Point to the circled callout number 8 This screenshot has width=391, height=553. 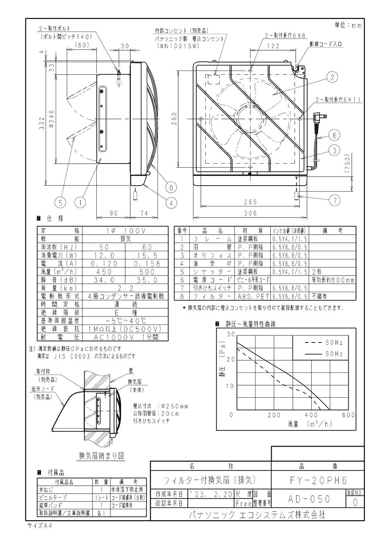click(171, 187)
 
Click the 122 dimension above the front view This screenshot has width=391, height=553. click(273, 46)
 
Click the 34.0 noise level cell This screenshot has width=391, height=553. click(104, 280)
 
